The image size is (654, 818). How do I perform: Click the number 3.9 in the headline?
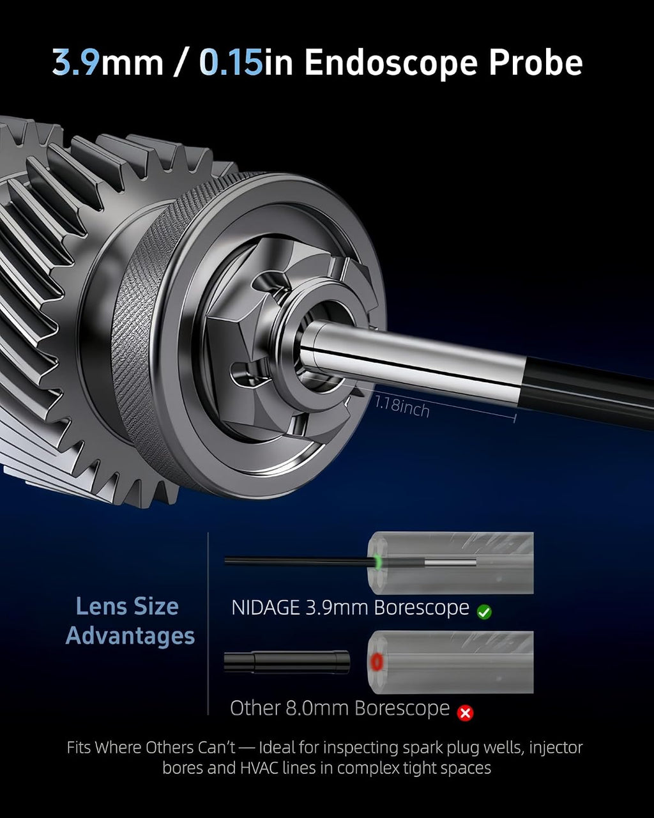(76, 62)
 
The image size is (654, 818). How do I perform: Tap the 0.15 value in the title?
(231, 62)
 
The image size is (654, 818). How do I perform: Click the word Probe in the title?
(535, 62)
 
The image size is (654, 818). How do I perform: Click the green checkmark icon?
(484, 612)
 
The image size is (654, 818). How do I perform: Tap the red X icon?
(465, 713)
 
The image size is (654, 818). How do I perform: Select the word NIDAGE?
(266, 608)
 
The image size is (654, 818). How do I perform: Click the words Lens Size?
(127, 606)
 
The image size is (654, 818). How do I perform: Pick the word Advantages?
(130, 636)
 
